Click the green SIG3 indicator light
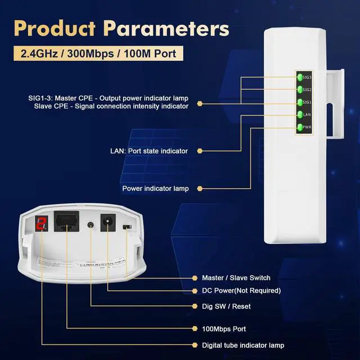(x=300, y=77)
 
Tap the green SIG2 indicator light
(x=300, y=90)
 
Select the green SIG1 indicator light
(x=300, y=102)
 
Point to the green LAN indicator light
(x=300, y=115)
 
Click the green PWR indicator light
(x=300, y=128)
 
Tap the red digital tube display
(x=40, y=223)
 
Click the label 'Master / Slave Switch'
(x=236, y=278)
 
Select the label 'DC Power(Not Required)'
(x=241, y=291)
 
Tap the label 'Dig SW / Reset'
(x=226, y=307)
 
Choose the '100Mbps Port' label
(x=224, y=328)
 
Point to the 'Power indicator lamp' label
(x=155, y=188)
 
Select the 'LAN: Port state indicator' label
(x=148, y=151)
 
